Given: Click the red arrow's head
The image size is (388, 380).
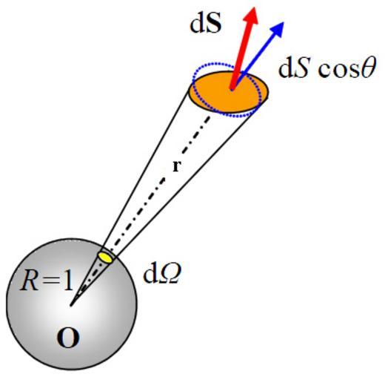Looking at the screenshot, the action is (x=251, y=17).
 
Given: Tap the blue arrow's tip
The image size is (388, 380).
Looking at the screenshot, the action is (x=284, y=22).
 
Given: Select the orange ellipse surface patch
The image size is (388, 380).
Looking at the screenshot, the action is (x=228, y=92).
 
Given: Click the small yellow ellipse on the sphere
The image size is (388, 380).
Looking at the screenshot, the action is (x=106, y=257).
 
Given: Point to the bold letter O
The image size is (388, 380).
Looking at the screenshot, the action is (x=68, y=338).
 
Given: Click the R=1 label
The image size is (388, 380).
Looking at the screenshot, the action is (x=47, y=282).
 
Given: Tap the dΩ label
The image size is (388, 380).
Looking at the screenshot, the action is (x=162, y=275).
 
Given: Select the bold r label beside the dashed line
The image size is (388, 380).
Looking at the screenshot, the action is (x=176, y=166).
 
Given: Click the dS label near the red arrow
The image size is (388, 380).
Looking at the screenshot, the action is (x=205, y=24).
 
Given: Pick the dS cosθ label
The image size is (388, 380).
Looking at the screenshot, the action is (x=327, y=68).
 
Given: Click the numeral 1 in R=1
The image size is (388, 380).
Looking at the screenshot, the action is (x=68, y=282).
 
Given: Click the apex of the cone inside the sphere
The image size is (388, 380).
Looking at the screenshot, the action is (x=71, y=305).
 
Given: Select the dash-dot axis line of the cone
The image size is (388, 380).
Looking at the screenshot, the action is (x=140, y=211).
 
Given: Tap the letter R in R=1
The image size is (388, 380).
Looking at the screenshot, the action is (x=29, y=282).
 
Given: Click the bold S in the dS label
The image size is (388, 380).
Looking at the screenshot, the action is (x=213, y=24).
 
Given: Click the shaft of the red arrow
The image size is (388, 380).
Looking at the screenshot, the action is (x=239, y=58).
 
